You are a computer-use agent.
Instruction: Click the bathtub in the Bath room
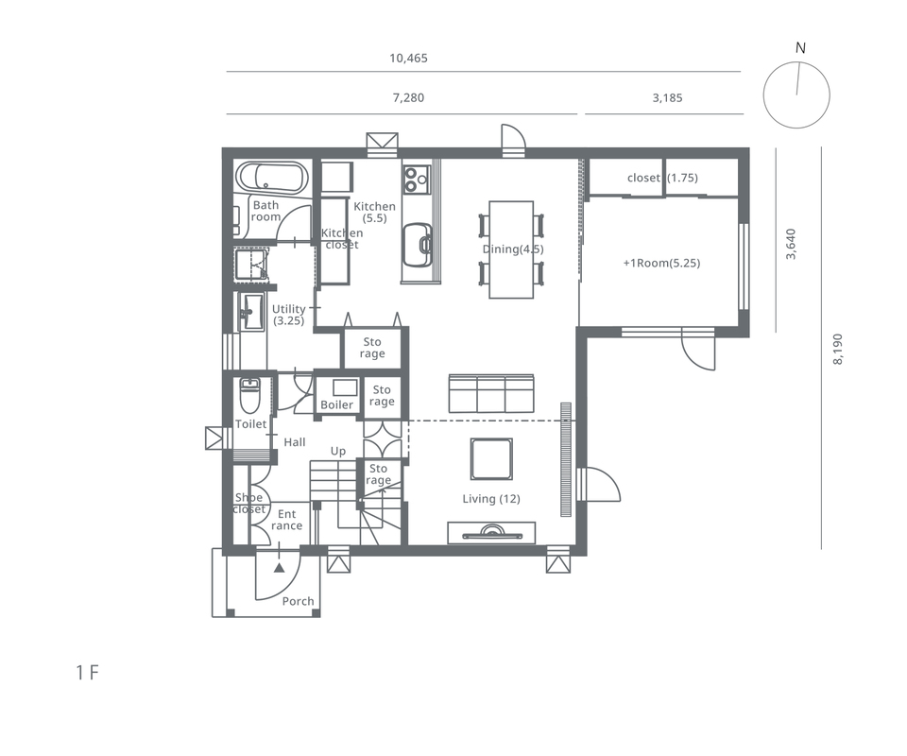click(271, 178)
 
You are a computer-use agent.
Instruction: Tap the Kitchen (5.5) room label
click(374, 213)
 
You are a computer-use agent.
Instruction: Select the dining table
click(511, 249)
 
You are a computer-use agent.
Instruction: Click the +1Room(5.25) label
click(661, 264)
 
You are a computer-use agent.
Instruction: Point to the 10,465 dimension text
click(408, 58)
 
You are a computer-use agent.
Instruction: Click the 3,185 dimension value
click(668, 97)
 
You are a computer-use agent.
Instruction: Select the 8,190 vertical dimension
click(838, 349)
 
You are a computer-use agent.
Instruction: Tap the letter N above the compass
click(800, 48)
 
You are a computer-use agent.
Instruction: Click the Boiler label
click(336, 404)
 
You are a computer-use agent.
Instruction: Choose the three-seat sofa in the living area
click(491, 393)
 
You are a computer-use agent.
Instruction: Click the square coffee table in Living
click(491, 459)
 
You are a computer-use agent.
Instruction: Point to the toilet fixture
click(250, 395)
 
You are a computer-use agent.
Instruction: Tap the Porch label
click(298, 602)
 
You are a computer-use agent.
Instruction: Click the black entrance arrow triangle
click(280, 567)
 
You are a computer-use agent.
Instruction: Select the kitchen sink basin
click(418, 246)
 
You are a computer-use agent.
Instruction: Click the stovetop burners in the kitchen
click(417, 179)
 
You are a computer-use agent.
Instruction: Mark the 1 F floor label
click(87, 673)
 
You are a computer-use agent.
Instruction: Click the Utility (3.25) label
click(289, 315)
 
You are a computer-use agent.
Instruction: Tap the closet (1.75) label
click(662, 179)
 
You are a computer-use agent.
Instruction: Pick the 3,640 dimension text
click(791, 244)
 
